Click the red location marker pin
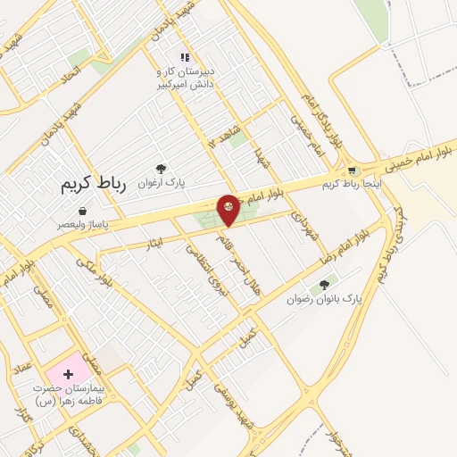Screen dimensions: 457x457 (229, 210)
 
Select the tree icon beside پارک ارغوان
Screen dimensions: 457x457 (161, 169)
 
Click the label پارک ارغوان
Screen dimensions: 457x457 (161, 181)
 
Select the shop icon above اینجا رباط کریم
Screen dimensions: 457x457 (353, 170)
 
